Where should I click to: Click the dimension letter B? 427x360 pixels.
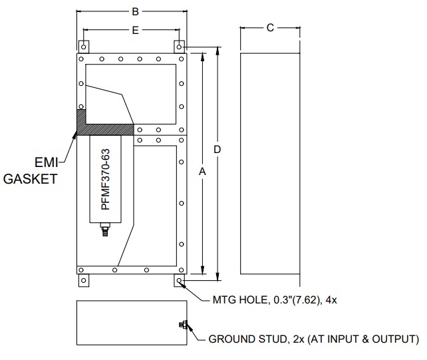pyautogui.click(x=135, y=12)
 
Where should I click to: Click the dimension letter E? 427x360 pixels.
pyautogui.click(x=135, y=30)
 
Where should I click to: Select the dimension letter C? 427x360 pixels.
pyautogui.click(x=270, y=28)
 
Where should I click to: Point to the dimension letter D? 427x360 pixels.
pyautogui.click(x=217, y=149)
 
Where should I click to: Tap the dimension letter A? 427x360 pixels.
pyautogui.click(x=202, y=172)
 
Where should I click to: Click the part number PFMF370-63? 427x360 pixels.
pyautogui.click(x=105, y=179)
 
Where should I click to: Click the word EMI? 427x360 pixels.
pyautogui.click(x=47, y=162)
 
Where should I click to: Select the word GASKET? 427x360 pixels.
pyautogui.click(x=30, y=179)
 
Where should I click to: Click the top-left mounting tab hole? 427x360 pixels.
pyautogui.click(x=84, y=47)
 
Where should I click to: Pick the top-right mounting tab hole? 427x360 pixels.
pyautogui.click(x=179, y=47)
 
